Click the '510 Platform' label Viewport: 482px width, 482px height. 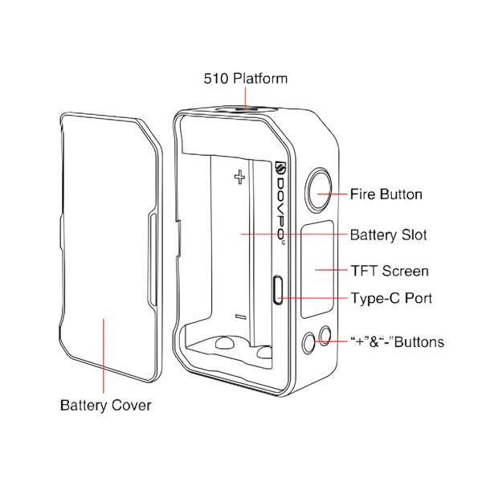coord(243,79)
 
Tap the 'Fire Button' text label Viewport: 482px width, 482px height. coord(386,194)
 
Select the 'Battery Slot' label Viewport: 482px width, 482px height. coord(388,235)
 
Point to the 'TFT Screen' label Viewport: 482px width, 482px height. coord(390,271)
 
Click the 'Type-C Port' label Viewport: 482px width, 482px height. coord(391,299)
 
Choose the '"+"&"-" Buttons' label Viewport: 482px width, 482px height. coord(397,342)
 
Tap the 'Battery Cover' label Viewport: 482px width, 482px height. coord(105,405)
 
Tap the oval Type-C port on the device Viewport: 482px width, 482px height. coord(279,289)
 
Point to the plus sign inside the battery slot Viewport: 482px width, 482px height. coord(239,178)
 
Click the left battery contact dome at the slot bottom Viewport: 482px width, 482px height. coord(226,343)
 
